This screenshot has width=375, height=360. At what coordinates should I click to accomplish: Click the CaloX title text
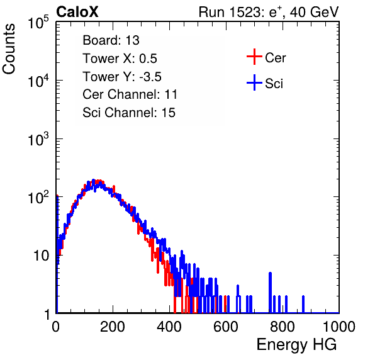(x=77, y=12)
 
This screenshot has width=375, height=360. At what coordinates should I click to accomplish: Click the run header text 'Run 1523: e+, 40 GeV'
(x=269, y=12)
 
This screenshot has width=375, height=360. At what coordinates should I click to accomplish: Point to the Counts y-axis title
(x=9, y=49)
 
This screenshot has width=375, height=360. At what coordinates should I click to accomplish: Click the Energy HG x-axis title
(x=296, y=344)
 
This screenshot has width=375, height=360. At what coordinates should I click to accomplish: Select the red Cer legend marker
(x=254, y=57)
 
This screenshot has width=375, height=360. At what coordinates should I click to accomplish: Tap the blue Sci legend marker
(x=254, y=82)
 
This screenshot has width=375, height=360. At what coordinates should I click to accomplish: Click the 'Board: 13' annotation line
(x=111, y=40)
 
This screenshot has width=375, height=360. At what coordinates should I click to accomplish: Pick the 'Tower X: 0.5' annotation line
(x=120, y=59)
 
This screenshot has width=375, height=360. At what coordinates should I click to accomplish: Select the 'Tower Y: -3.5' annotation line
(x=122, y=77)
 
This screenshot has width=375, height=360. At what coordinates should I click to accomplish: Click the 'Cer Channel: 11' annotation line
(x=130, y=94)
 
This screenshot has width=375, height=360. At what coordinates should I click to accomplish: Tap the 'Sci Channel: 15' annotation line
(x=129, y=113)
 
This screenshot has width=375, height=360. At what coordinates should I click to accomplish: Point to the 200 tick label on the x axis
(x=113, y=327)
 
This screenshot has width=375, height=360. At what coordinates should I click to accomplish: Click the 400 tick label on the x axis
(x=169, y=327)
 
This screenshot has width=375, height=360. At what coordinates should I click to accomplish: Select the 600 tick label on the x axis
(x=226, y=327)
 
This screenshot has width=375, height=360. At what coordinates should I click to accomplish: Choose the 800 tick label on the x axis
(x=283, y=327)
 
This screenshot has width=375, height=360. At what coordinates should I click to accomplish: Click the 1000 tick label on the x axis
(x=339, y=327)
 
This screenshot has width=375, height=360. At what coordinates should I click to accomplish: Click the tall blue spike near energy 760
(x=271, y=293)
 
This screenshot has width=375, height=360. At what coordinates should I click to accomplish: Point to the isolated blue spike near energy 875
(x=303, y=304)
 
